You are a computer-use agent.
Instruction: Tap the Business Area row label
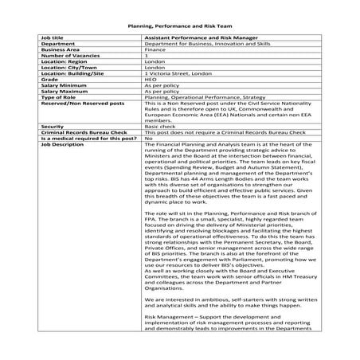point(61,50)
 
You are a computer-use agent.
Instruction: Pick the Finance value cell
point(155,50)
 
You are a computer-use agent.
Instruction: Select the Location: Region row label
point(67,62)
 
